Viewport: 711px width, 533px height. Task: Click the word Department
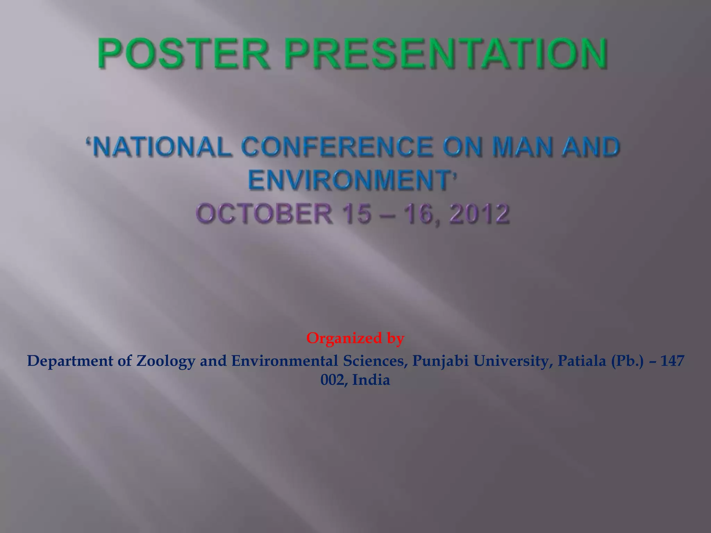click(x=70, y=361)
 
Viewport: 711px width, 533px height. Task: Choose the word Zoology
click(x=165, y=362)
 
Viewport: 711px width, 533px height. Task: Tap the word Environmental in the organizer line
click(x=284, y=361)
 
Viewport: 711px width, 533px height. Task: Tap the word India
click(x=371, y=380)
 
